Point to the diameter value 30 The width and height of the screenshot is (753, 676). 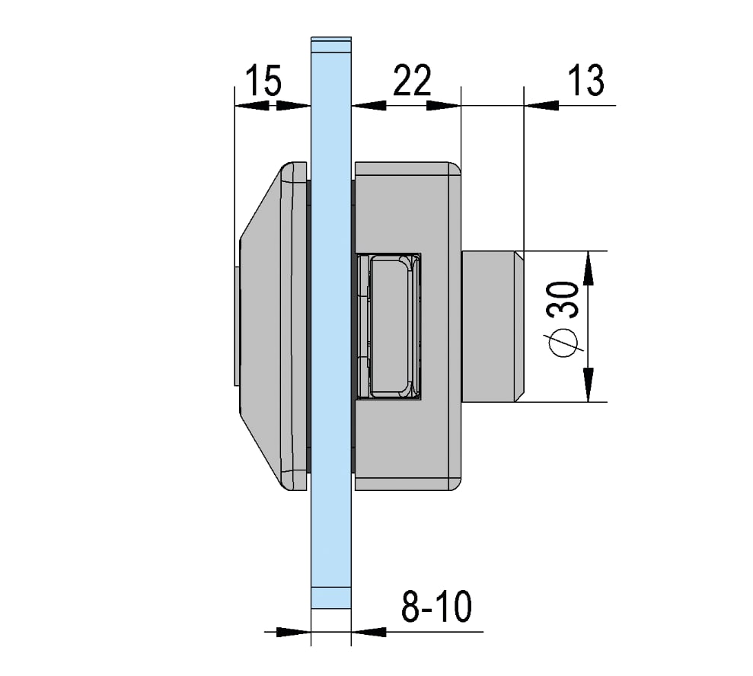pyautogui.click(x=563, y=300)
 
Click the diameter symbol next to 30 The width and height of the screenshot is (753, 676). pyautogui.click(x=563, y=343)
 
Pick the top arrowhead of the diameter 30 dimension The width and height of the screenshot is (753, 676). pyautogui.click(x=589, y=269)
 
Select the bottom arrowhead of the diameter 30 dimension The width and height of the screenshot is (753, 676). pyautogui.click(x=589, y=384)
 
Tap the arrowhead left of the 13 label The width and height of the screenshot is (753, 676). pyautogui.click(x=541, y=105)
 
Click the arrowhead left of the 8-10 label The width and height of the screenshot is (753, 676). pyautogui.click(x=369, y=632)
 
